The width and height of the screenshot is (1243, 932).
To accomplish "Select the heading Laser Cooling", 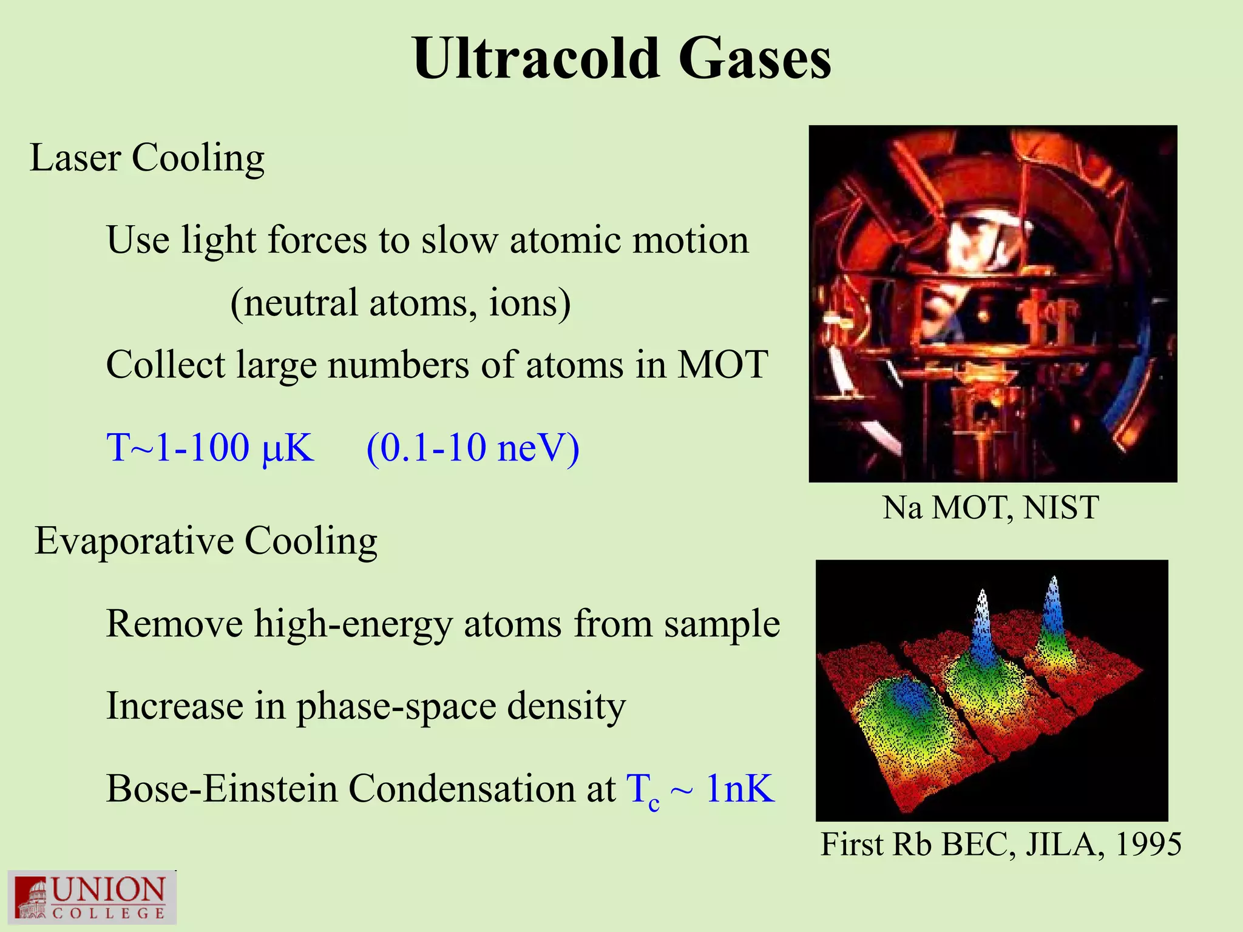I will pyautogui.click(x=147, y=158).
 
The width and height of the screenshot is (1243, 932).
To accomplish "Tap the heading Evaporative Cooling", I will pyautogui.click(x=206, y=541).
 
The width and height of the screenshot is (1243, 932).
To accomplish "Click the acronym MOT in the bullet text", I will pyautogui.click(x=722, y=365).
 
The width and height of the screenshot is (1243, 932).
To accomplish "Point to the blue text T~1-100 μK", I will pyautogui.click(x=210, y=448).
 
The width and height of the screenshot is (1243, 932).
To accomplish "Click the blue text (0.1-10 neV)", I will pyautogui.click(x=473, y=448).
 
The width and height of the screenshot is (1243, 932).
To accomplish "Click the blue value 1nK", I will pyautogui.click(x=740, y=789).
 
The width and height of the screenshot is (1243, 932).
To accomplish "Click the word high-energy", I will pyautogui.click(x=353, y=624).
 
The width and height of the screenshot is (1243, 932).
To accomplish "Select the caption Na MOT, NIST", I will pyautogui.click(x=991, y=507).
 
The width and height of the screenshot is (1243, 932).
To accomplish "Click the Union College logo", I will pyautogui.click(x=92, y=897).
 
